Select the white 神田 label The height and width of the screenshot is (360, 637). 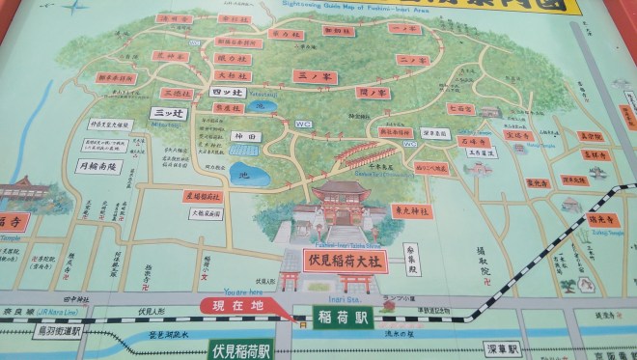coord(241,138)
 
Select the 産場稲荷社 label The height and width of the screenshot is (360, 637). coord(205,196)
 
